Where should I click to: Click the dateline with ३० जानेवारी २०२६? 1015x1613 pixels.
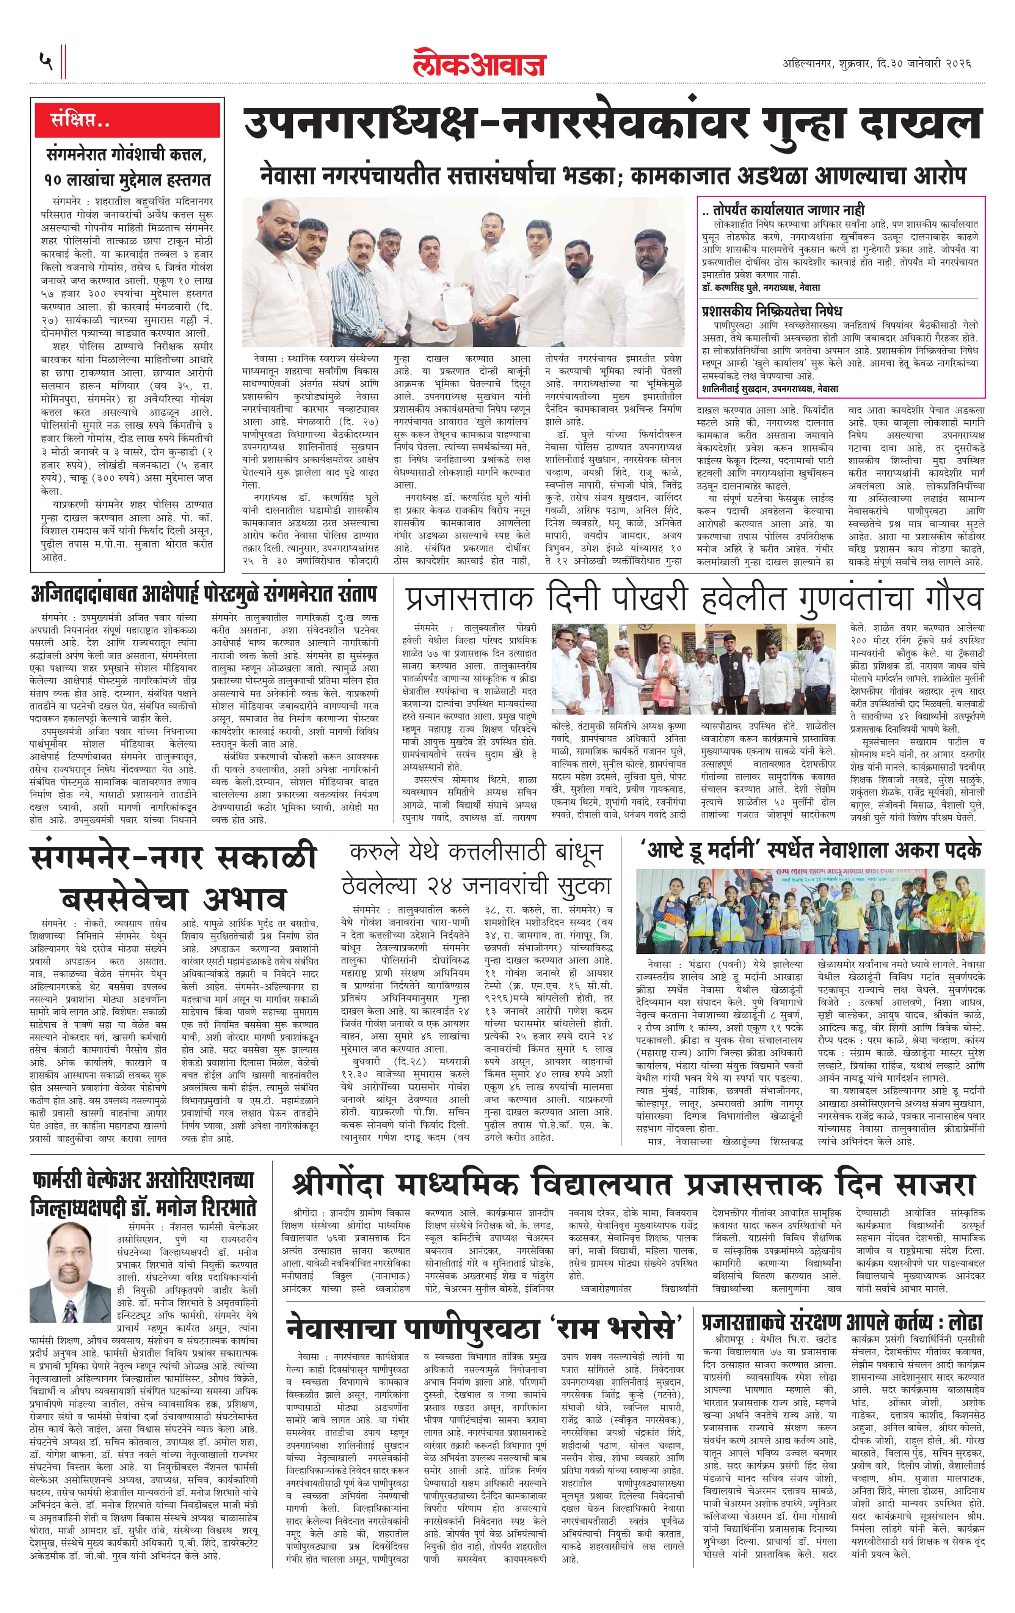click(x=877, y=64)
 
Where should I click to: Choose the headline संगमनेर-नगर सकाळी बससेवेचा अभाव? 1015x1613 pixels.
click(x=173, y=877)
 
